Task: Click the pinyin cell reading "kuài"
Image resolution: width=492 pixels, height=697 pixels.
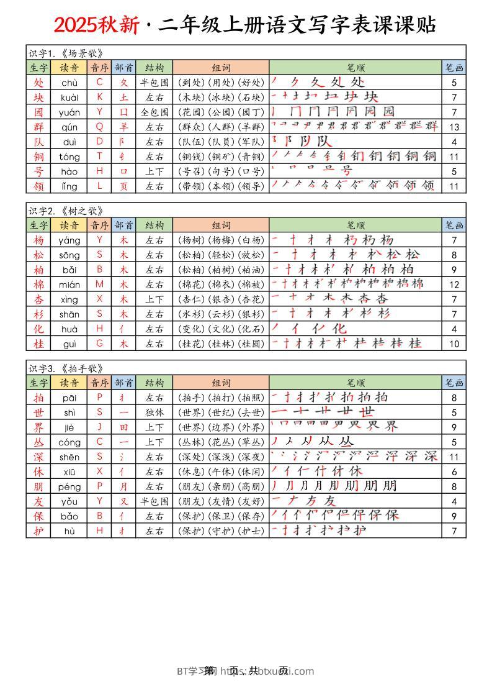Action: [69, 97]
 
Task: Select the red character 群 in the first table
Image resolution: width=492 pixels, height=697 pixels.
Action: [38, 127]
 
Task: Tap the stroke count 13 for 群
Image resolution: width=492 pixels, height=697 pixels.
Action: [454, 127]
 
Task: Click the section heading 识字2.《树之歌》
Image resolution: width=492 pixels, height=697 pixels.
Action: [65, 211]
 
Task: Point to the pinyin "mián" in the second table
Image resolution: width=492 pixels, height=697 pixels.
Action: [69, 285]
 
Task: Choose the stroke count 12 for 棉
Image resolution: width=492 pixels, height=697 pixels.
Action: [454, 285]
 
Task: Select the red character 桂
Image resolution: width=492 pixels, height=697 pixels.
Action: [38, 344]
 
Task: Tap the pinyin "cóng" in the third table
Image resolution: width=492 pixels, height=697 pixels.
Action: [69, 442]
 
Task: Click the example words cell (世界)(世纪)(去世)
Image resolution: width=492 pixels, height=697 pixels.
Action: [220, 412]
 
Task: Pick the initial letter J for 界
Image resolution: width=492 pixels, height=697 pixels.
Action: [99, 427]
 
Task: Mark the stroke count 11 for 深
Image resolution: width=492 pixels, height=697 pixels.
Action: [454, 457]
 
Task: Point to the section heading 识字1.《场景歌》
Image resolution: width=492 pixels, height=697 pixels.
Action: [65, 53]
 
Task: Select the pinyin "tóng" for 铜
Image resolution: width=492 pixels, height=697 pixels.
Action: [69, 157]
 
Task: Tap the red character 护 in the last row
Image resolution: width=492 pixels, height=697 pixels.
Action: [38, 531]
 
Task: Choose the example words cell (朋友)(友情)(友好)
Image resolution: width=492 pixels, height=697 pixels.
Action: [220, 501]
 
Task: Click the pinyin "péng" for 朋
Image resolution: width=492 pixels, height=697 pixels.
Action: [69, 486]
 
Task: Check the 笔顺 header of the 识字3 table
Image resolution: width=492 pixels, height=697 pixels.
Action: [356, 383]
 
